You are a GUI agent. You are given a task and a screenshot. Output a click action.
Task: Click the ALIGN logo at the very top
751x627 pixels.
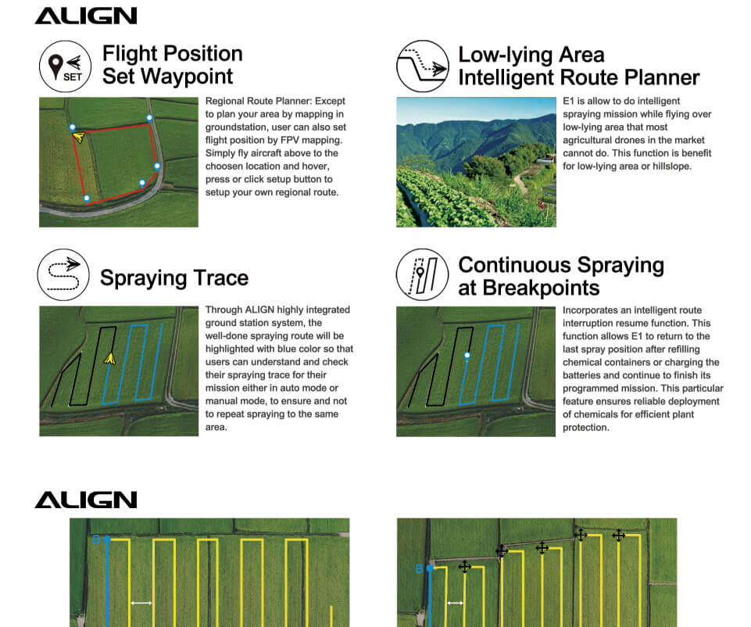tap(86, 16)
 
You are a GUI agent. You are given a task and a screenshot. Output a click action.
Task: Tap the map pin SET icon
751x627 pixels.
tap(61, 65)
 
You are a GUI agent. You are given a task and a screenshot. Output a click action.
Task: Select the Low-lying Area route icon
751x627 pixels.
tap(421, 66)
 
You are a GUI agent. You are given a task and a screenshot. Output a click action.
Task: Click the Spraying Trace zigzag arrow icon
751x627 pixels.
tap(61, 274)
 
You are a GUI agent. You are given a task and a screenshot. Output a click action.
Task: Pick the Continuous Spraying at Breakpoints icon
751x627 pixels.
tap(421, 274)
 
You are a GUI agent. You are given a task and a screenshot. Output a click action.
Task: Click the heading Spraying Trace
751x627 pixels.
tap(174, 278)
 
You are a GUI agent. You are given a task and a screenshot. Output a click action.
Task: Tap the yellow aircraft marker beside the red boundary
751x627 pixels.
tap(79, 138)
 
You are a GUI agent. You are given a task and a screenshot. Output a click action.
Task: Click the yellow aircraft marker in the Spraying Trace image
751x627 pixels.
tap(110, 358)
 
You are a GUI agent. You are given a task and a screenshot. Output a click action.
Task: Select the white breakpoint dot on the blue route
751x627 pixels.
tap(467, 356)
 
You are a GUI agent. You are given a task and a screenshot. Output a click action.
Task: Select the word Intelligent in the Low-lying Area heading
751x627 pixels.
tap(510, 77)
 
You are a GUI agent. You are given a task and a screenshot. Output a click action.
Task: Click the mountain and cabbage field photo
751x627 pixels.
tap(476, 162)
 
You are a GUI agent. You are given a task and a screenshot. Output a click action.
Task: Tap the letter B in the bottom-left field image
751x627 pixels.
tap(96, 539)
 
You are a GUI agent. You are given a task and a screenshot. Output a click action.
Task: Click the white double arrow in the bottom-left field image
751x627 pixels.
tap(141, 603)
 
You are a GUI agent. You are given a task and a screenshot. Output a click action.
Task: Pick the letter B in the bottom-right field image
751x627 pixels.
tap(419, 568)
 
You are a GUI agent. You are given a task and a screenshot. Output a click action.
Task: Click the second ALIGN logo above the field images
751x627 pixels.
tap(86, 500)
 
